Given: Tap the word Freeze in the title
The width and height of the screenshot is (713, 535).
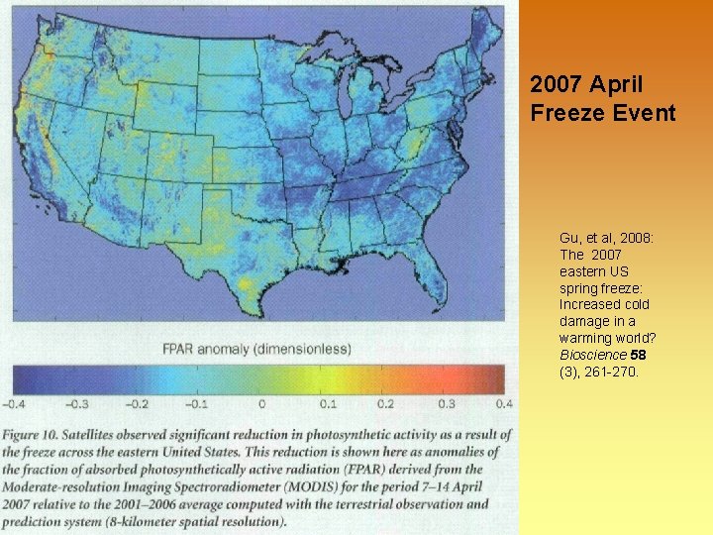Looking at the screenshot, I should click(562, 112).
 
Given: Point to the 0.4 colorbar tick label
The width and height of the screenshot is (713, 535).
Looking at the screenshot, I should click(503, 404).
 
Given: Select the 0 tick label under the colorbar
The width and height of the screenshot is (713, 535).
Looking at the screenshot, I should click(261, 404).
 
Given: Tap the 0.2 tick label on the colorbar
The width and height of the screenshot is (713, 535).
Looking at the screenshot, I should click(385, 404).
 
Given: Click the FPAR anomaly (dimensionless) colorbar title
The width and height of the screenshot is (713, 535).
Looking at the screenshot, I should click(256, 349).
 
